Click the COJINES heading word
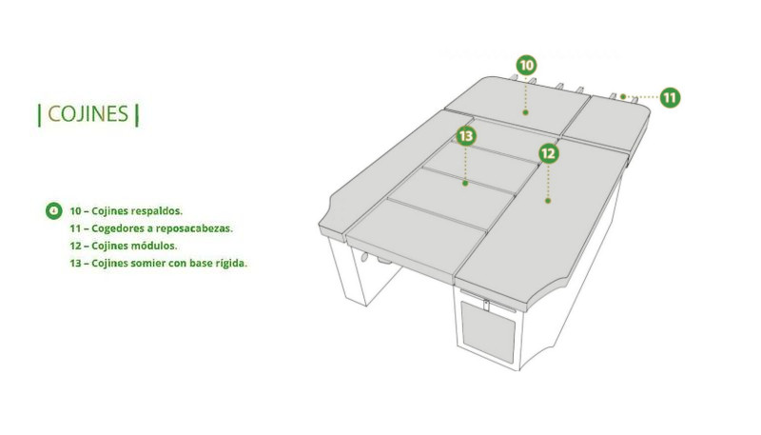click(x=88, y=114)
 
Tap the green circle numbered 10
click(x=526, y=65)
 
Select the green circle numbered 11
click(x=670, y=98)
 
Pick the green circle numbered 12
click(x=549, y=154)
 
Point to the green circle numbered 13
click(x=466, y=136)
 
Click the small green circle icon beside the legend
click(x=54, y=210)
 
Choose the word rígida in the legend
click(x=231, y=263)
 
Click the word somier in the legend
click(x=149, y=263)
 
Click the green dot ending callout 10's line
click(x=525, y=112)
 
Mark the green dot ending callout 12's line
click(x=548, y=201)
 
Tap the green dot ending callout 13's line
click(x=465, y=183)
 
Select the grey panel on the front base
click(x=487, y=332)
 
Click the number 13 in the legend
click(x=75, y=263)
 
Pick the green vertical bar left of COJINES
click(x=39, y=114)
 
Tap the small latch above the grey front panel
click(x=486, y=305)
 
